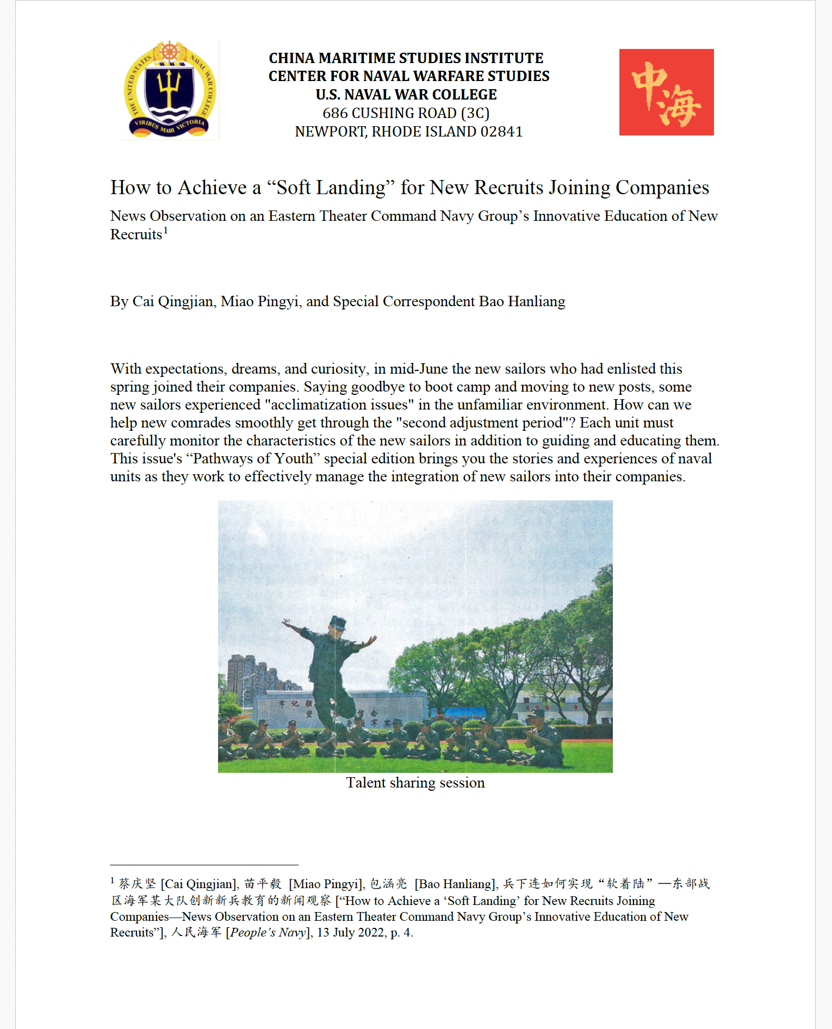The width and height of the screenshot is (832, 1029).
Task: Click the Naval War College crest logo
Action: tap(170, 90)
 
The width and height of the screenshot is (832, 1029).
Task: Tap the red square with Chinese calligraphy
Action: tap(666, 92)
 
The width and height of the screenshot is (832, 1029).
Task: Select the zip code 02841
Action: tap(501, 132)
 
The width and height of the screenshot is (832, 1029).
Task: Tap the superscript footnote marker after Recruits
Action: tap(166, 230)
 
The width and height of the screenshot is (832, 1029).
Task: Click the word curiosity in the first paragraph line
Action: tap(338, 369)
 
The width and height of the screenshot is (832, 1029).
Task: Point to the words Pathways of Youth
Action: tap(253, 458)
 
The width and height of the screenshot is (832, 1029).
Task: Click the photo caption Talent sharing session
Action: tap(415, 783)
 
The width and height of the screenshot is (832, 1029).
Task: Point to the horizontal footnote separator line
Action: tap(204, 865)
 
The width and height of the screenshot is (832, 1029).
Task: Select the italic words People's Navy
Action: tap(269, 932)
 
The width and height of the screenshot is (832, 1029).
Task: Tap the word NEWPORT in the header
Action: tap(331, 132)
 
